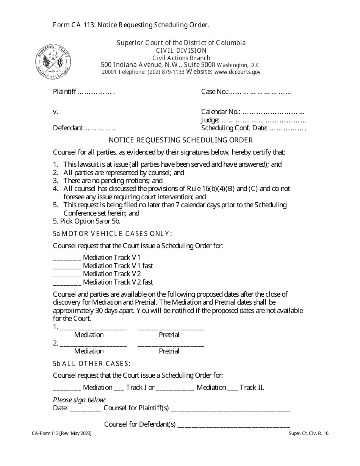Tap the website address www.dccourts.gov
coord(238,72)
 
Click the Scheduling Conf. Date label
coord(234,128)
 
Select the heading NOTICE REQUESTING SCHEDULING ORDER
coord(181,140)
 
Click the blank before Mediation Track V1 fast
coord(67,266)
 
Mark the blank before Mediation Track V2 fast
coord(67,282)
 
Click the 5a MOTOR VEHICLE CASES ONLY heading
coord(113,234)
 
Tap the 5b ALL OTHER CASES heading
coord(91,363)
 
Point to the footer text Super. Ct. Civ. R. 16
coord(308,433)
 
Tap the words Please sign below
coord(80,400)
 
